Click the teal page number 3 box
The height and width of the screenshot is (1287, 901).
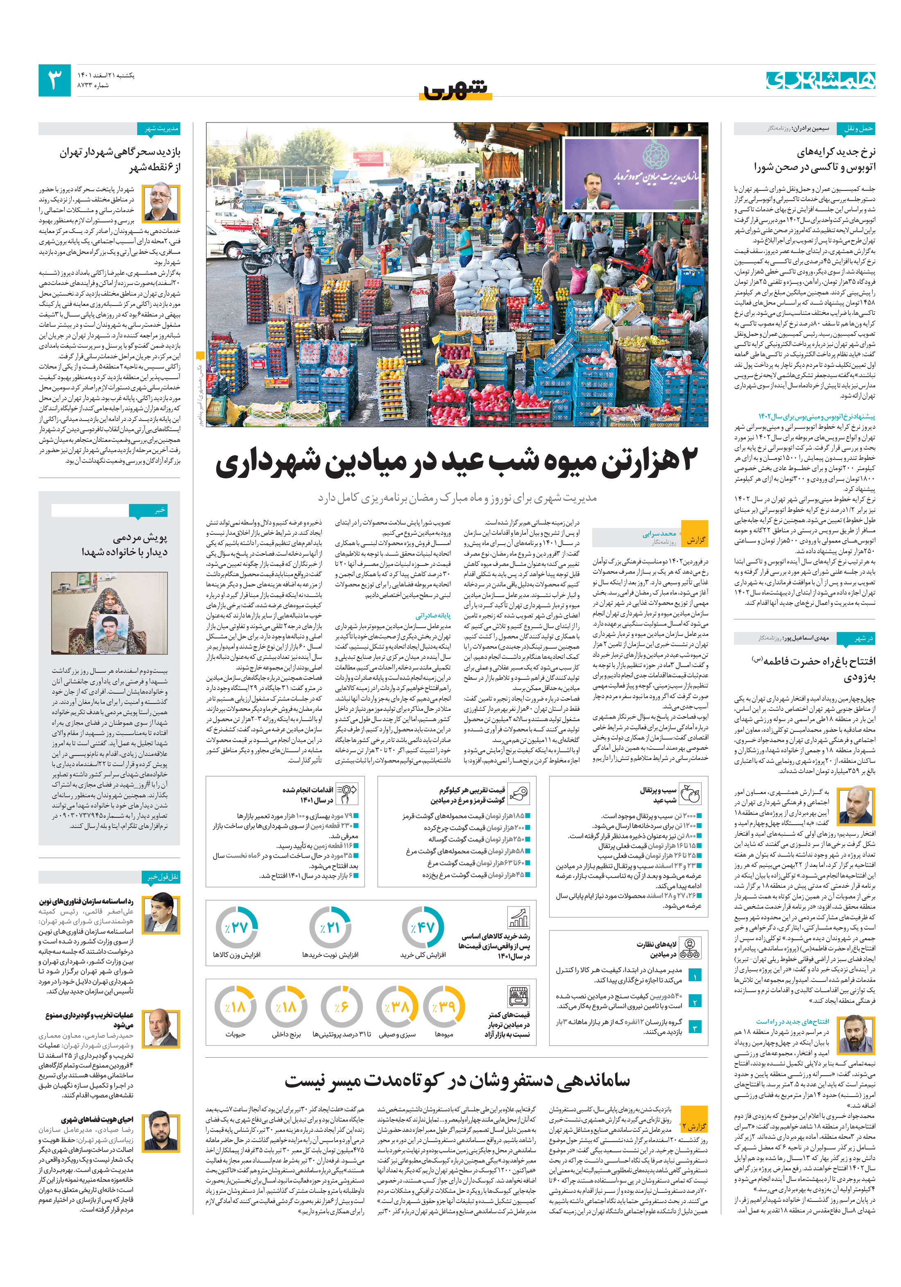[54, 80]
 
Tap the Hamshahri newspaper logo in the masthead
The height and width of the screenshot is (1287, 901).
[820, 80]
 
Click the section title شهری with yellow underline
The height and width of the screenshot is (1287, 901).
[455, 89]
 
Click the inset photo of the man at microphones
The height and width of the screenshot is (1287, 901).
[632, 174]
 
